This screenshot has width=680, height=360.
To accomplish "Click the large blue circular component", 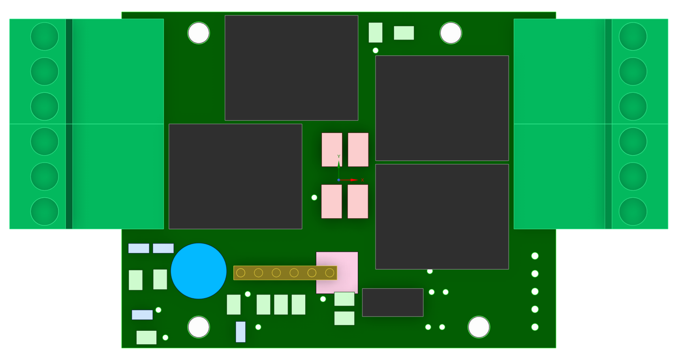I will (x=199, y=271).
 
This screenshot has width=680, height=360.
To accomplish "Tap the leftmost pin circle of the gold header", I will (x=241, y=273).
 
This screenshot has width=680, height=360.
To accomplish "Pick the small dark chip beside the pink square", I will (x=393, y=302).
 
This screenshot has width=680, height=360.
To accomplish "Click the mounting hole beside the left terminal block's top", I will (x=199, y=33).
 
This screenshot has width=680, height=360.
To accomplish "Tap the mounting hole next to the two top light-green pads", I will (x=451, y=33).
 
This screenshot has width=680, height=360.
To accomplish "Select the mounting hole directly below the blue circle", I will (x=199, y=327).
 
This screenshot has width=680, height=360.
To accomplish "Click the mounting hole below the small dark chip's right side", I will (x=479, y=327).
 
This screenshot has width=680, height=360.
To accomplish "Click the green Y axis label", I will (x=338, y=157).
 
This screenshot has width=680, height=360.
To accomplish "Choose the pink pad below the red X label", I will (x=358, y=201).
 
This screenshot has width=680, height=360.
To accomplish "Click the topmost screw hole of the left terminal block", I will (x=45, y=36).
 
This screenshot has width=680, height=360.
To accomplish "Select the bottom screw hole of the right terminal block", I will (x=633, y=212).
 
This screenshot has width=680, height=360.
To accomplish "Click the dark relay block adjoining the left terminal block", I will (x=235, y=176).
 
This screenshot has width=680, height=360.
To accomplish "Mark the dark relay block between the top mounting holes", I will (x=291, y=68).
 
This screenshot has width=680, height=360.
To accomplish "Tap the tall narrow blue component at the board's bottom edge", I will (x=240, y=332).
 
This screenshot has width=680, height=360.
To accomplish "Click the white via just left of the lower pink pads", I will (x=314, y=197).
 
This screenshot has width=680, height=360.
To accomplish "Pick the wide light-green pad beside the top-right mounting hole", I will (x=404, y=33).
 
